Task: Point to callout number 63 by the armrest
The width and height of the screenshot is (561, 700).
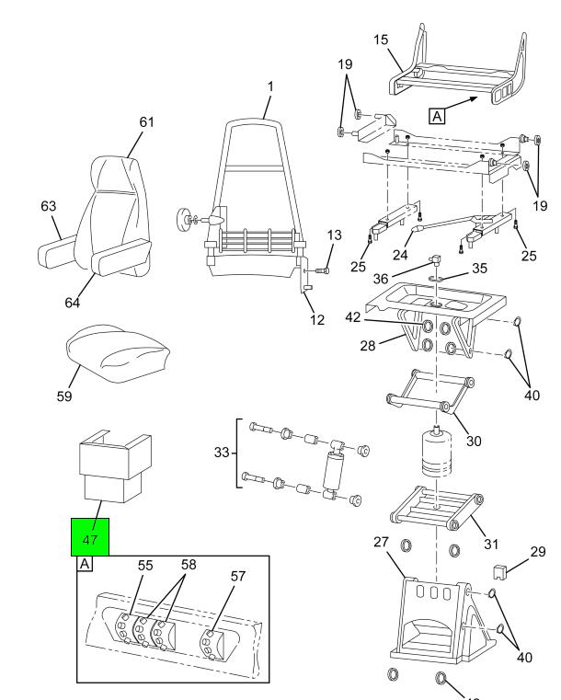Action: click(48, 206)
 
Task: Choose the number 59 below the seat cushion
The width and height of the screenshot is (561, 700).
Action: click(64, 396)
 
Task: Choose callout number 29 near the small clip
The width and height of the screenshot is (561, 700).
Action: click(539, 552)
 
